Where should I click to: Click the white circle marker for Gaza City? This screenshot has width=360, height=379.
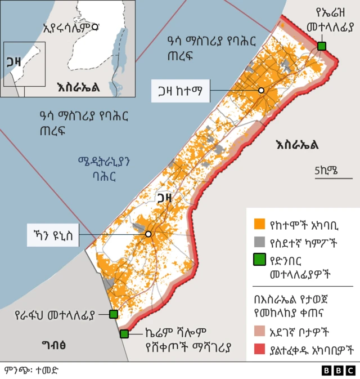(261, 91)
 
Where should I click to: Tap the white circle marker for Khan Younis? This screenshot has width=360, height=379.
(148, 234)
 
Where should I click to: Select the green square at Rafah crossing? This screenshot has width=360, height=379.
(113, 314)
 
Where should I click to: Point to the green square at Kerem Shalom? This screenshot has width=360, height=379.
(124, 334)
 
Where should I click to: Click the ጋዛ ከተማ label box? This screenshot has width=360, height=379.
(181, 91)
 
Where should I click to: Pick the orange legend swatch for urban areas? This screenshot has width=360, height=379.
(259, 224)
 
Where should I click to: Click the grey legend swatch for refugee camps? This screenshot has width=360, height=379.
(259, 243)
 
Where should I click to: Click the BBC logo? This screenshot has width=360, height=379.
(338, 370)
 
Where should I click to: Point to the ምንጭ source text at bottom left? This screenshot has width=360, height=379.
(31, 371)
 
